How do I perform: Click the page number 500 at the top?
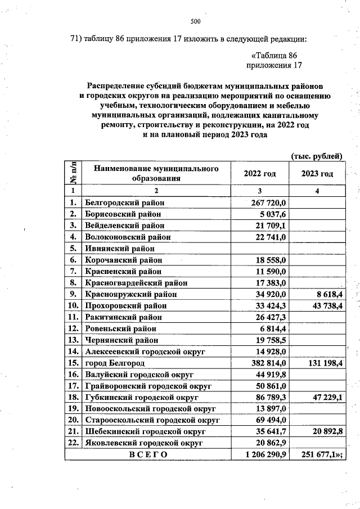(196, 22)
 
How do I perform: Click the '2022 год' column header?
(260, 174)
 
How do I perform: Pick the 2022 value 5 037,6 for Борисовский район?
(272, 214)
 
